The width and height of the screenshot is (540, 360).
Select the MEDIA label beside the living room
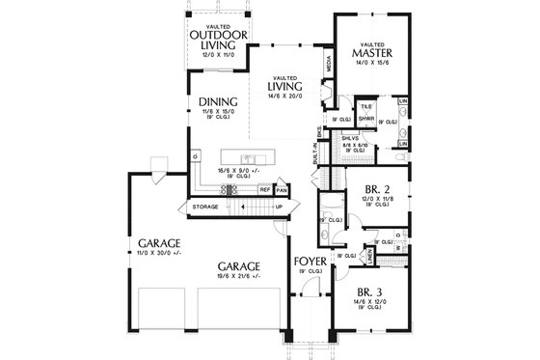coord(329,65)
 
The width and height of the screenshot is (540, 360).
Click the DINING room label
coord(212,101)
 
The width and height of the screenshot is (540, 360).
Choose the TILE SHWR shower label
coord(366,114)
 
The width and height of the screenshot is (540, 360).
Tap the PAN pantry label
coord(282,190)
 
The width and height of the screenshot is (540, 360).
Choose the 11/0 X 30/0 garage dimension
coord(155,253)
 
